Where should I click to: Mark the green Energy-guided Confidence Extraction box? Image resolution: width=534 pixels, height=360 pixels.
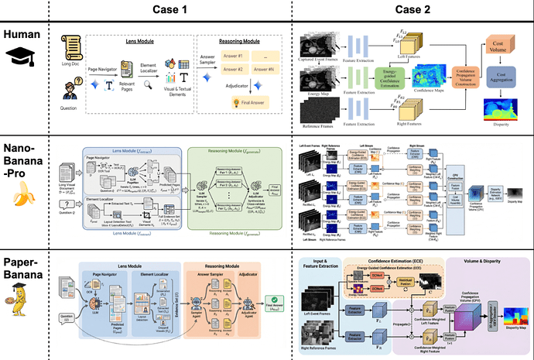tap(382, 77)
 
